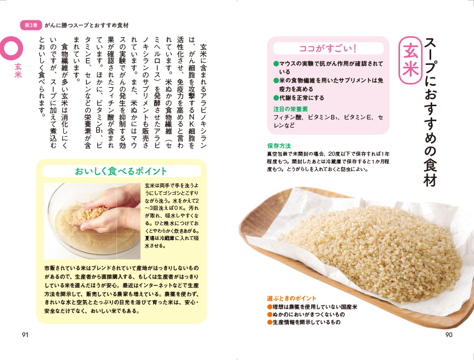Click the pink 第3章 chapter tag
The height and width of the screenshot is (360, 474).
[31, 26]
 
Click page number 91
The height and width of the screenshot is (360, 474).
[25, 334]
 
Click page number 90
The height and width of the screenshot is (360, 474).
[449, 334]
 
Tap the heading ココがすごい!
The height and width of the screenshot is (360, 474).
[328, 49]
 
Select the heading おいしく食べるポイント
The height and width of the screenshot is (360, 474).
[121, 171]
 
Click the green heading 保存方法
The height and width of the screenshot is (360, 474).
[279, 146]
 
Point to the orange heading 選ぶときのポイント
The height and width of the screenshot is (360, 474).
[292, 298]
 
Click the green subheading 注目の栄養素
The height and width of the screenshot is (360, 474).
[290, 109]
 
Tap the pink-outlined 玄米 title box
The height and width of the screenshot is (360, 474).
[410, 60]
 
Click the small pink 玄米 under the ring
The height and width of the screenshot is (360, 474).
[18, 70]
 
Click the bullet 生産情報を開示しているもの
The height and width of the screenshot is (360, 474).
[304, 322]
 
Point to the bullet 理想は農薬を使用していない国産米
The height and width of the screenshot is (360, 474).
[312, 307]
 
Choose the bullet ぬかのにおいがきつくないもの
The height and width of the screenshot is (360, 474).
[306, 315]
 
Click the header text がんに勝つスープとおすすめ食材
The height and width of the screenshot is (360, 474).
[87, 26]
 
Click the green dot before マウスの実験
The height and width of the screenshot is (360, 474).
[276, 64]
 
